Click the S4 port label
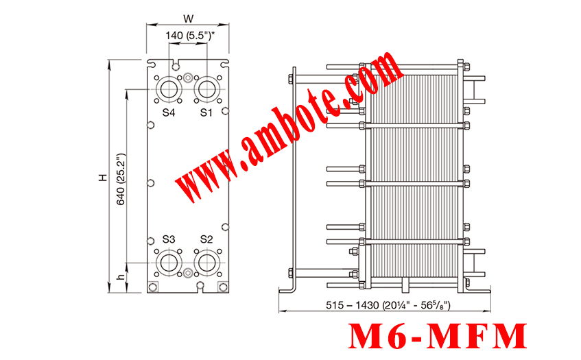point(169,112)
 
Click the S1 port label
point(206,112)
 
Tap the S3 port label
point(169,239)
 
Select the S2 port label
point(206,239)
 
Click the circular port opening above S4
point(169,89)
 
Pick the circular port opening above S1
point(206,89)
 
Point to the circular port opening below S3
point(169,263)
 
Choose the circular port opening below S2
point(206,263)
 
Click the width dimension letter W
point(188,18)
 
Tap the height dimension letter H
point(103,177)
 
